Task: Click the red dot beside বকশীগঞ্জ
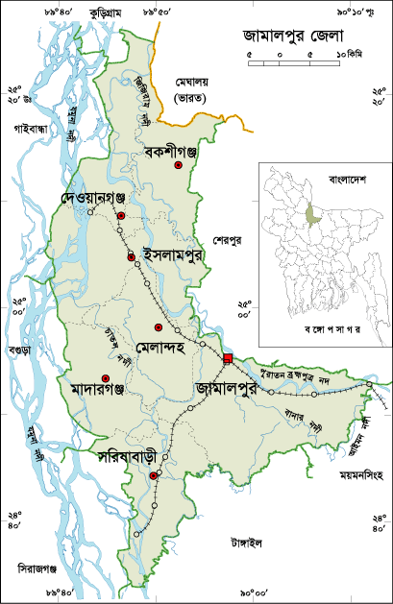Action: (178, 166)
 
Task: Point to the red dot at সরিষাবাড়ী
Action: (154, 473)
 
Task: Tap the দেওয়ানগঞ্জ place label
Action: (94, 197)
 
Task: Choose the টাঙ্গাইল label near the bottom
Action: (246, 542)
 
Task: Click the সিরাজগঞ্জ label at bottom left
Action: (38, 568)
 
